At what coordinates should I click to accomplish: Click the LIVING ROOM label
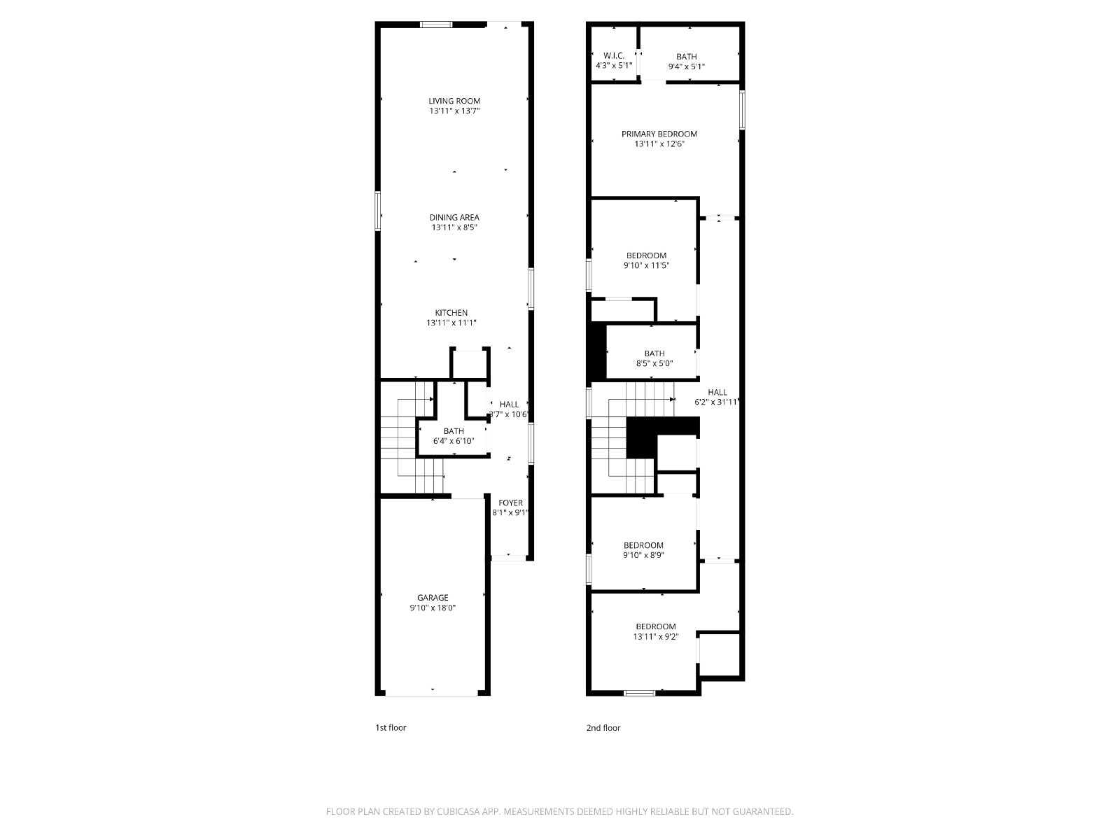tap(454, 101)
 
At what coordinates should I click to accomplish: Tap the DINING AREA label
tap(454, 217)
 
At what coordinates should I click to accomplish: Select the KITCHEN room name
tap(451, 313)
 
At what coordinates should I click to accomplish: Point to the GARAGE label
tap(433, 597)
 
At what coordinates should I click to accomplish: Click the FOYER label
tap(510, 503)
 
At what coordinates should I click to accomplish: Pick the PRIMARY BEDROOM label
tap(659, 134)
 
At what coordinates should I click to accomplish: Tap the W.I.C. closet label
tap(614, 55)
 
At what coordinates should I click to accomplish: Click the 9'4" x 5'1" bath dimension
tap(686, 66)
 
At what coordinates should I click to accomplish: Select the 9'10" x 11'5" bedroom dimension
tap(646, 265)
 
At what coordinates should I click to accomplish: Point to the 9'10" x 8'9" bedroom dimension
tap(643, 555)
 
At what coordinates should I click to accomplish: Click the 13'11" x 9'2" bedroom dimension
tap(656, 636)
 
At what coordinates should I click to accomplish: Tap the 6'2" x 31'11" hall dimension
tap(716, 402)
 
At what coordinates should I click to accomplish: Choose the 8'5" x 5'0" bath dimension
tap(654, 363)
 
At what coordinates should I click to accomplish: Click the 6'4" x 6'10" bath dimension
tap(454, 441)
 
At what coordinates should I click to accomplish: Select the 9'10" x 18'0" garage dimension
tap(433, 608)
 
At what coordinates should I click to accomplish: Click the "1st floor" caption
tap(391, 727)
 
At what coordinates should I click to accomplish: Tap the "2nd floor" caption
tap(603, 727)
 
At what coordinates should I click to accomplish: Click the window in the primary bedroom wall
tap(742, 110)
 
